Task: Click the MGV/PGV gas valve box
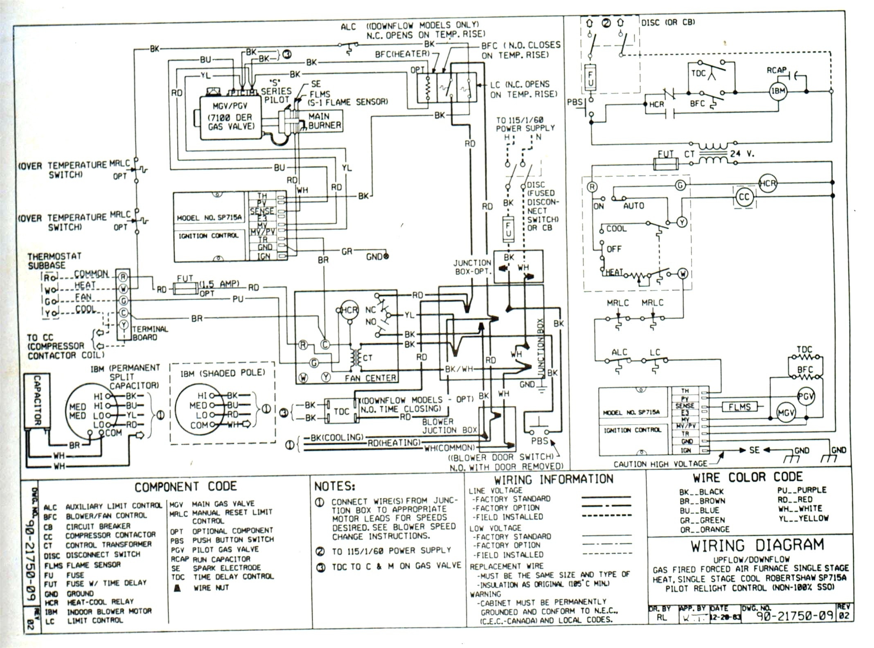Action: (230, 118)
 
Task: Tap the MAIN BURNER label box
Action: (324, 121)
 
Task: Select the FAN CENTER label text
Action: (370, 378)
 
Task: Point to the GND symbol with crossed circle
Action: (386, 257)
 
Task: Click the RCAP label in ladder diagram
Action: (776, 70)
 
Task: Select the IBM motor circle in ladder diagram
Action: (778, 91)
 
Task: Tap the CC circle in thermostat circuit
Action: (743, 197)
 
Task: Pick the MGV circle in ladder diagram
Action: (786, 413)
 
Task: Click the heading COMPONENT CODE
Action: (185, 487)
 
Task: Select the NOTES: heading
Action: (334, 486)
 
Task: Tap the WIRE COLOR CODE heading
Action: (748, 477)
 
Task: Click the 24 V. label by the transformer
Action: (742, 154)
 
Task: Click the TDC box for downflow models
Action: (341, 411)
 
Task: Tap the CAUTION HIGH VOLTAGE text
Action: (660, 464)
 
